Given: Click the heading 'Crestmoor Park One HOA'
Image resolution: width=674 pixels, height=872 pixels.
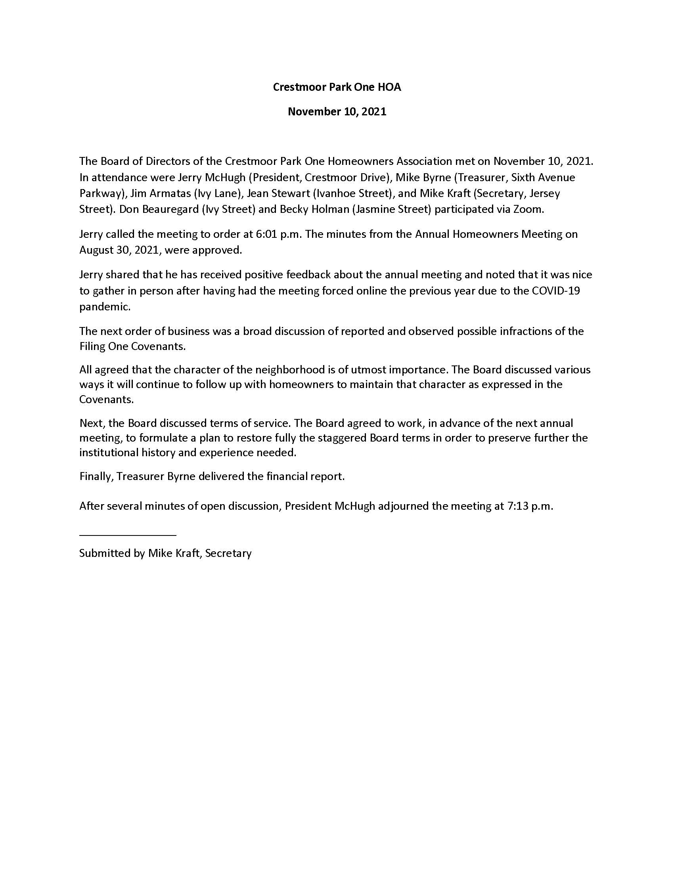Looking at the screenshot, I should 337,87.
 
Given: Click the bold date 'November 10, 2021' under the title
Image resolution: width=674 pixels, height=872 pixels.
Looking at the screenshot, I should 337,111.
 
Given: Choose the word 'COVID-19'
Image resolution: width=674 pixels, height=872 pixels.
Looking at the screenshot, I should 556,291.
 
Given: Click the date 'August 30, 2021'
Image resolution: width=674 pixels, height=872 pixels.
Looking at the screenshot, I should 119,251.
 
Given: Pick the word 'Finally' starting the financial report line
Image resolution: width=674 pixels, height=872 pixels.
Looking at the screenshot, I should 96,476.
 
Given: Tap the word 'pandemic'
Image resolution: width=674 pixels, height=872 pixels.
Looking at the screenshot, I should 104,307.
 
